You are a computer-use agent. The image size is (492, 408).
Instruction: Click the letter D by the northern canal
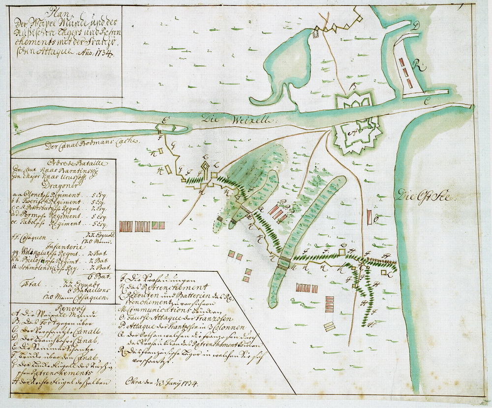click(416, 28)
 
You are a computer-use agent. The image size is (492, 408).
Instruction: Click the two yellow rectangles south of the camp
click(329, 326)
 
